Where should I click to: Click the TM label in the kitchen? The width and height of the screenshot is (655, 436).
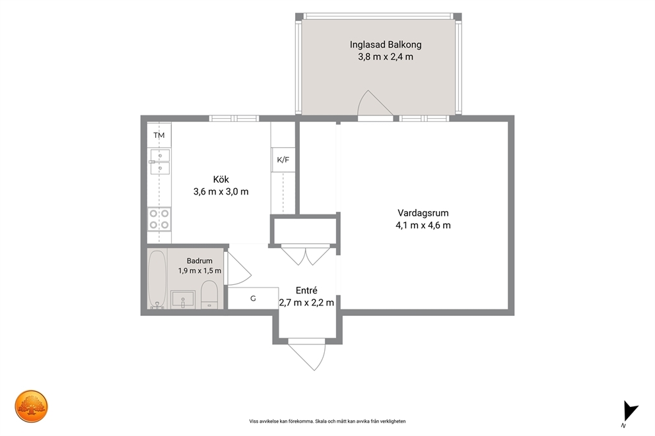[158, 135]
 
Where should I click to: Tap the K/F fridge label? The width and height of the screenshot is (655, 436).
[283, 160]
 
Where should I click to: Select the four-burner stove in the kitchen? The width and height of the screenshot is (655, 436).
[159, 219]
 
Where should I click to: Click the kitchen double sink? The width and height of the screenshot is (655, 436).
[160, 162]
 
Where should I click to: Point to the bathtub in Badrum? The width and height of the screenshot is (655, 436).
[158, 279]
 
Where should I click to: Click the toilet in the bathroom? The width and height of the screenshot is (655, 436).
[209, 294]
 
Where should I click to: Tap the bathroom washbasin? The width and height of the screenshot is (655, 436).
[183, 299]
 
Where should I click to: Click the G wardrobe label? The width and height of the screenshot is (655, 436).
[253, 298]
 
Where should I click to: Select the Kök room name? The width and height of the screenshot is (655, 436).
[221, 179]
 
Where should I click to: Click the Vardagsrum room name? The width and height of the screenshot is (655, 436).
[423, 213]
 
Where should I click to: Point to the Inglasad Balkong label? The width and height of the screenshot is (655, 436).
[386, 44]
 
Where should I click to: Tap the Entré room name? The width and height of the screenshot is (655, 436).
[306, 290]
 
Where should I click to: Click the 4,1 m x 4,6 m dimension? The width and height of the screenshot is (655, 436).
[423, 226]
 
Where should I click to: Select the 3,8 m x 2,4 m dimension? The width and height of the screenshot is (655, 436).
[386, 57]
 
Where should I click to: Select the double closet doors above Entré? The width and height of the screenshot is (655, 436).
[306, 255]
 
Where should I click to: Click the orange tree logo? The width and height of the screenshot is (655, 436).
[31, 406]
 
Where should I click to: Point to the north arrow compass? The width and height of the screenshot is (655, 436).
[630, 412]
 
